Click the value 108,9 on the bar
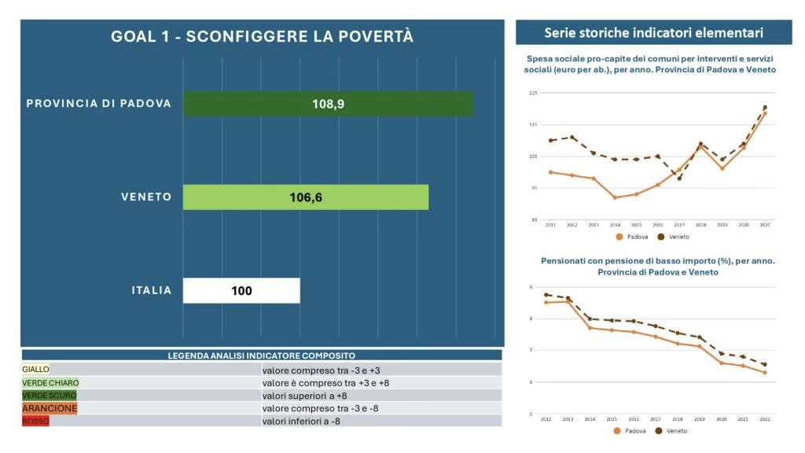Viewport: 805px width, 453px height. pos(328,104)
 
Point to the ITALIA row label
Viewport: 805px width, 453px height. pos(151,291)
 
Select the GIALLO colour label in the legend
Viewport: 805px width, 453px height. pos(35,369)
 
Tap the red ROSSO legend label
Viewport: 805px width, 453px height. pos(35,421)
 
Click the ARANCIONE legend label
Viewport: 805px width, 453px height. pos(50,408)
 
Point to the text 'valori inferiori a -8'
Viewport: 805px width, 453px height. pos(301,421)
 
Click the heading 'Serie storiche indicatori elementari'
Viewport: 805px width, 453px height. pos(653,32)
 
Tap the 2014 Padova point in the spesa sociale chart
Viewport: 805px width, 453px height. pos(615,197)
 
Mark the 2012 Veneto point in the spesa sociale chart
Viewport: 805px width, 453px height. pos(572,138)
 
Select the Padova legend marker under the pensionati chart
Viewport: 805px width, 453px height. pos(619,430)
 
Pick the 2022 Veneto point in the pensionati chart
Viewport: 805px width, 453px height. pos(764,365)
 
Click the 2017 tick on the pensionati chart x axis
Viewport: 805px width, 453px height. pos(655,418)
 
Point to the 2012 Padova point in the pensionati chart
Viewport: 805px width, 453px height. pos(546,302)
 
